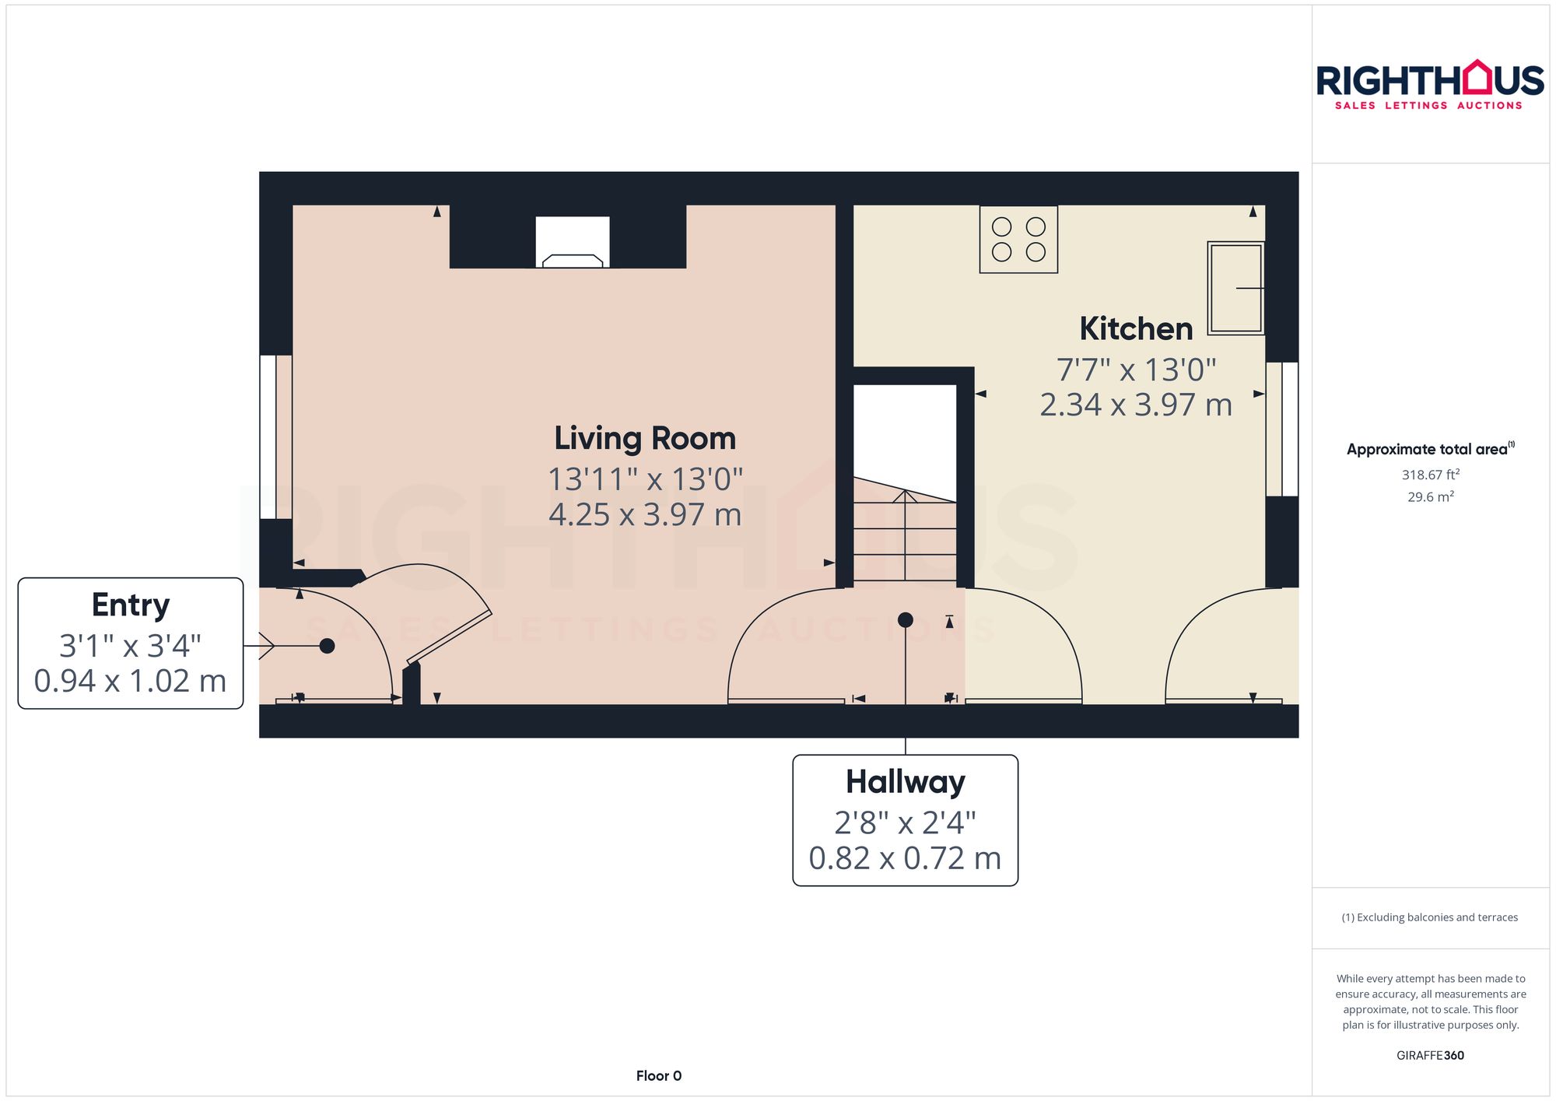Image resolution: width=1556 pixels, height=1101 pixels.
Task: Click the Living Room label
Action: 645,439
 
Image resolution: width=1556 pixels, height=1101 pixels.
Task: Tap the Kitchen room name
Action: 1136,329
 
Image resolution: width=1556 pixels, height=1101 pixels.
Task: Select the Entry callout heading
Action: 130,605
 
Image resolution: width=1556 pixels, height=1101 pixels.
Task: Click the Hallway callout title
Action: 905,782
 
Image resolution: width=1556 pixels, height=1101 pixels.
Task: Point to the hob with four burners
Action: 1018,239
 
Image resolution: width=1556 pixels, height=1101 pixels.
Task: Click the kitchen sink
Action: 1235,288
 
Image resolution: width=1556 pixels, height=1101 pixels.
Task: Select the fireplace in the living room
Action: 573,244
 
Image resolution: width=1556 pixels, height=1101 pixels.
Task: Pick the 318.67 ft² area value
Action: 1430,475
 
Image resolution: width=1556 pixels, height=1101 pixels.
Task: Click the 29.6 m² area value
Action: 1430,497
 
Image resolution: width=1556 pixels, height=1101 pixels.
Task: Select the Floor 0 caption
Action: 658,1076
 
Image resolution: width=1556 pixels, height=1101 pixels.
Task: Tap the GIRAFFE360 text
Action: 1430,1056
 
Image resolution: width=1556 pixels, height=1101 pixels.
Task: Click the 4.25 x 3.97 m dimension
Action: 645,515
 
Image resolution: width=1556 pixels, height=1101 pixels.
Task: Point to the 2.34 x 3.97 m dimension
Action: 1136,405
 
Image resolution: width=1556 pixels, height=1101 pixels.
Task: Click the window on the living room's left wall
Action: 268,437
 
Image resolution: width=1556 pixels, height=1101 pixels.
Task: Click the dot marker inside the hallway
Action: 905,620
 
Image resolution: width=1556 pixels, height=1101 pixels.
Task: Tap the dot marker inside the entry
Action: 327,646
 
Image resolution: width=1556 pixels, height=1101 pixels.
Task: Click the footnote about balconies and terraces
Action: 1430,917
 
